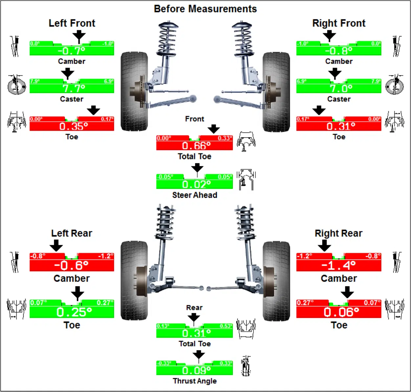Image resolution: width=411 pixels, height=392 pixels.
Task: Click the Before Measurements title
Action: pyautogui.click(x=205, y=9)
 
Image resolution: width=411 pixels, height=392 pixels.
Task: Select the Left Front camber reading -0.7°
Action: pyautogui.click(x=72, y=51)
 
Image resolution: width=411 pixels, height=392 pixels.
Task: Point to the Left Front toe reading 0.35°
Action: pyautogui.click(x=74, y=126)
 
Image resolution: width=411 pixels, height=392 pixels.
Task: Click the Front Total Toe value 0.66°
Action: pyautogui.click(x=196, y=146)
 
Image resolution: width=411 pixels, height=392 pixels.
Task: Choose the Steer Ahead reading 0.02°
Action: pyautogui.click(x=196, y=184)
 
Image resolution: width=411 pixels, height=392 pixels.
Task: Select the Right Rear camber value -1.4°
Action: pyautogui.click(x=338, y=265)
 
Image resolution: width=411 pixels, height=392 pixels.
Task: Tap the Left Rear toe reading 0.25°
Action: pyautogui.click(x=74, y=312)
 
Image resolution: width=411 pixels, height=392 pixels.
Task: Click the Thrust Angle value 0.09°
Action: pyautogui.click(x=196, y=370)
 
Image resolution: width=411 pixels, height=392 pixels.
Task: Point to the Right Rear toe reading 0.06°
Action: pyautogui.click(x=341, y=312)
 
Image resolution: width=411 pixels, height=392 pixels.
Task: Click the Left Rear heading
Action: pyautogui.click(x=72, y=233)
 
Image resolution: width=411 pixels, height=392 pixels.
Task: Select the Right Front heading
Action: pyautogui.click(x=339, y=23)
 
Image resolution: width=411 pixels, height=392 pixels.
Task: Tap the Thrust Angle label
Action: pyautogui.click(x=195, y=381)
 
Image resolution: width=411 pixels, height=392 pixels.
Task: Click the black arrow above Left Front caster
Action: pyautogui.click(x=68, y=73)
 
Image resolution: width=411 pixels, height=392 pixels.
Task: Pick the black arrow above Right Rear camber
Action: pyautogui.click(x=324, y=245)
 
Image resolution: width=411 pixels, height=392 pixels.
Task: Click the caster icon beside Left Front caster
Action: pyautogui.click(x=16, y=85)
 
